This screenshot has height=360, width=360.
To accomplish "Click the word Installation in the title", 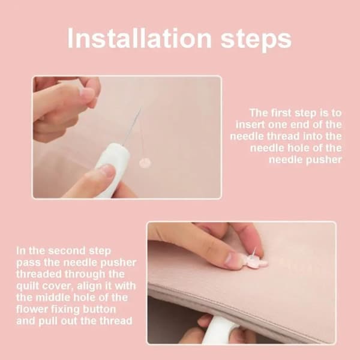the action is click(x=139, y=38).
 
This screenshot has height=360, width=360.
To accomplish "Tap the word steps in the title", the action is click(x=256, y=41).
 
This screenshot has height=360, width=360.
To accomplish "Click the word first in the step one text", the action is click(x=281, y=113).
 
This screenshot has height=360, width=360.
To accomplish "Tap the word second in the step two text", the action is click(x=67, y=250).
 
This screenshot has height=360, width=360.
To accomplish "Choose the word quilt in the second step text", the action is click(x=28, y=286).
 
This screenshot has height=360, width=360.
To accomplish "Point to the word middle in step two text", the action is click(x=53, y=298).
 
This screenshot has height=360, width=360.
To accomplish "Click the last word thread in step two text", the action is click(x=116, y=321).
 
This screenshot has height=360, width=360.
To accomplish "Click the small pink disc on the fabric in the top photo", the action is click(x=145, y=163).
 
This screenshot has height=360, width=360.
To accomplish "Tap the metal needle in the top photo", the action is click(x=132, y=127).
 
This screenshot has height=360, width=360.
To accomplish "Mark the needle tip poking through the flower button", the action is click(x=256, y=248).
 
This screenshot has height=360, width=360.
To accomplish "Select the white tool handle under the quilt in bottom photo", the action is click(x=218, y=329).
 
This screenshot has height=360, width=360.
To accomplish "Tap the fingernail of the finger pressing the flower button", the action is click(x=231, y=259).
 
